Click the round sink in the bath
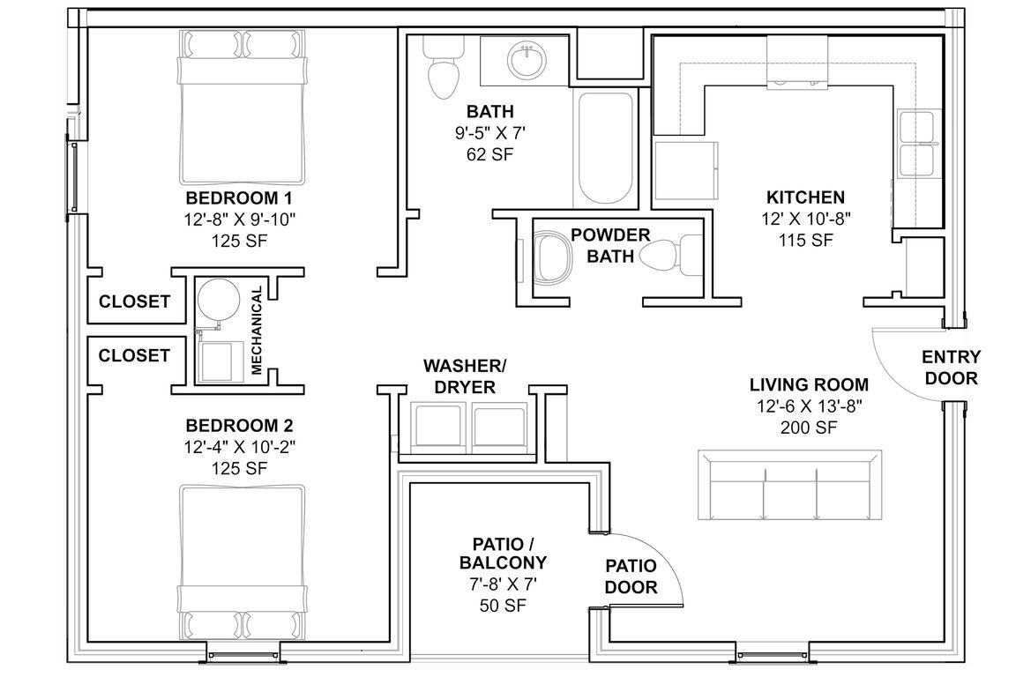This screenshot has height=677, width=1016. pyautogui.click(x=527, y=61)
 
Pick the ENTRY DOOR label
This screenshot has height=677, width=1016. pyautogui.click(x=952, y=368)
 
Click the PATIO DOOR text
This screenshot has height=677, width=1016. pyautogui.click(x=631, y=577)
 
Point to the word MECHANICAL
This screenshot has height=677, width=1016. pyautogui.click(x=258, y=330)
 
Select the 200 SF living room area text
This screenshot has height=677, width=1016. pyautogui.click(x=808, y=428)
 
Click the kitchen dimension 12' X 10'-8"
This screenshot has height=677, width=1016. pyautogui.click(x=805, y=219)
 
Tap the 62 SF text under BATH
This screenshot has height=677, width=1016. pyautogui.click(x=490, y=154)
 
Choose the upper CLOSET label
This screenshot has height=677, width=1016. pyautogui.click(x=134, y=301)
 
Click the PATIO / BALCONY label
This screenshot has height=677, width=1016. pyautogui.click(x=503, y=553)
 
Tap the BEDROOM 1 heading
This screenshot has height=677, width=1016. pyautogui.click(x=239, y=197)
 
